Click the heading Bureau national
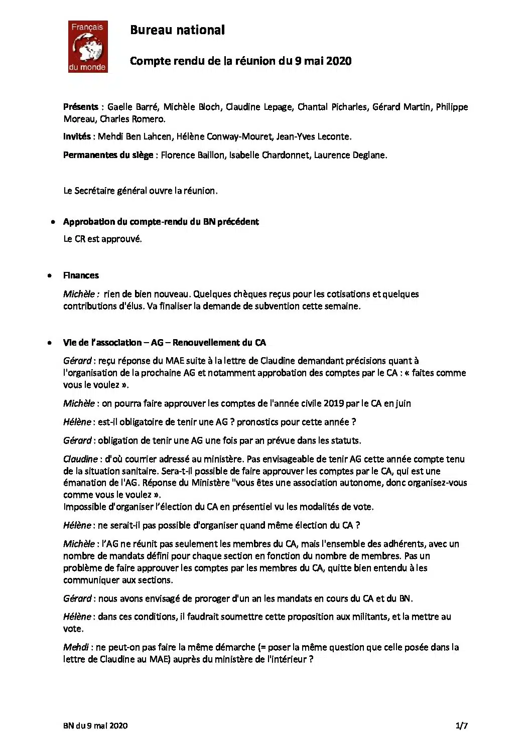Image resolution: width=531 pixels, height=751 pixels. click(x=177, y=30)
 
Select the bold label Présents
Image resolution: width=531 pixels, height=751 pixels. click(x=80, y=107)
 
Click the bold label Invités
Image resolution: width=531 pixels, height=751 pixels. click(x=77, y=136)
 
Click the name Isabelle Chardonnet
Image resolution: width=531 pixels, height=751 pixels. click(x=269, y=155)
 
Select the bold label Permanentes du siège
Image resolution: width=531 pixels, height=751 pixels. click(x=108, y=155)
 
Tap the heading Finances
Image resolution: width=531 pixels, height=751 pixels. click(x=81, y=275)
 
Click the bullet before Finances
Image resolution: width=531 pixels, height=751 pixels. click(x=50, y=275)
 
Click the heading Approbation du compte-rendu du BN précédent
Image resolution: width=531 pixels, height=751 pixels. click(x=161, y=222)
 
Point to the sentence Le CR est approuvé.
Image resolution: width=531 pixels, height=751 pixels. click(x=102, y=239)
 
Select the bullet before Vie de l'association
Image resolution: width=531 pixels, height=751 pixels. click(x=50, y=343)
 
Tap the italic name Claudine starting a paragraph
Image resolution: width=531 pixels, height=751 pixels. click(x=80, y=459)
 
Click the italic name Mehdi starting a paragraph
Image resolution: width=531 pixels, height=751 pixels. click(x=76, y=647)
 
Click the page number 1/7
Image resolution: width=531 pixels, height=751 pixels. click(x=462, y=725)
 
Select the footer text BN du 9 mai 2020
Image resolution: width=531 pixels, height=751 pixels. click(x=95, y=725)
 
